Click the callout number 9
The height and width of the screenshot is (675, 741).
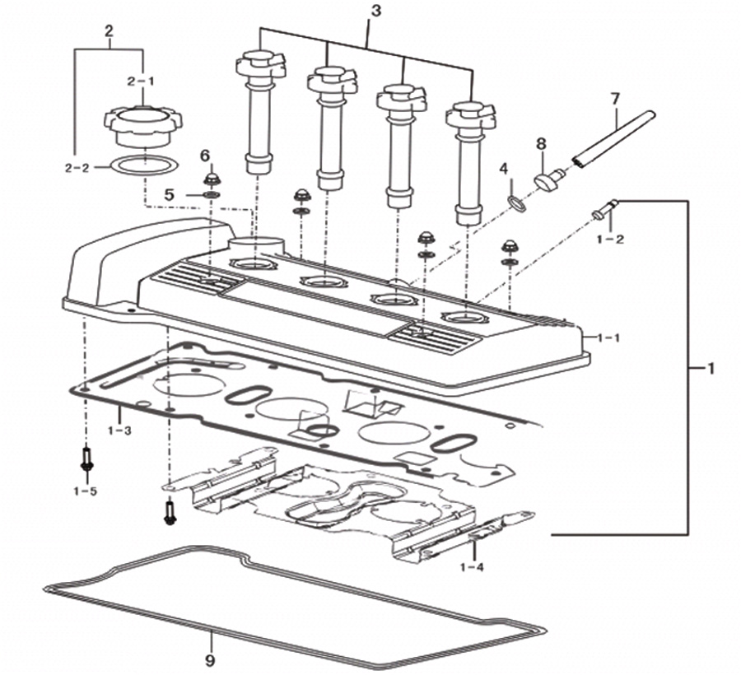point(210,660)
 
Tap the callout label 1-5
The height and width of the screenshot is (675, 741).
point(86,491)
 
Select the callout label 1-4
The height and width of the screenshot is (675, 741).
point(472,567)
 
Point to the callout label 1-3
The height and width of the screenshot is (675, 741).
point(119,431)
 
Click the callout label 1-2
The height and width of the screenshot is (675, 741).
point(611,240)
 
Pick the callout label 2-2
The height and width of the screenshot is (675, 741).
point(77,168)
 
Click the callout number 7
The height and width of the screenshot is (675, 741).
point(615,100)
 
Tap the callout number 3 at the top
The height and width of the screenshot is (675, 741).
point(375,12)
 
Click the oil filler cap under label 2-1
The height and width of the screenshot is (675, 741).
point(142,125)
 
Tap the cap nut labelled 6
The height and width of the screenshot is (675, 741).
point(212,180)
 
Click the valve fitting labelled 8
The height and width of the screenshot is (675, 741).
point(549,179)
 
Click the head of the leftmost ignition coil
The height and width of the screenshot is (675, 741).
point(261,66)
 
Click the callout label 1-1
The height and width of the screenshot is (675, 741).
point(608,337)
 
